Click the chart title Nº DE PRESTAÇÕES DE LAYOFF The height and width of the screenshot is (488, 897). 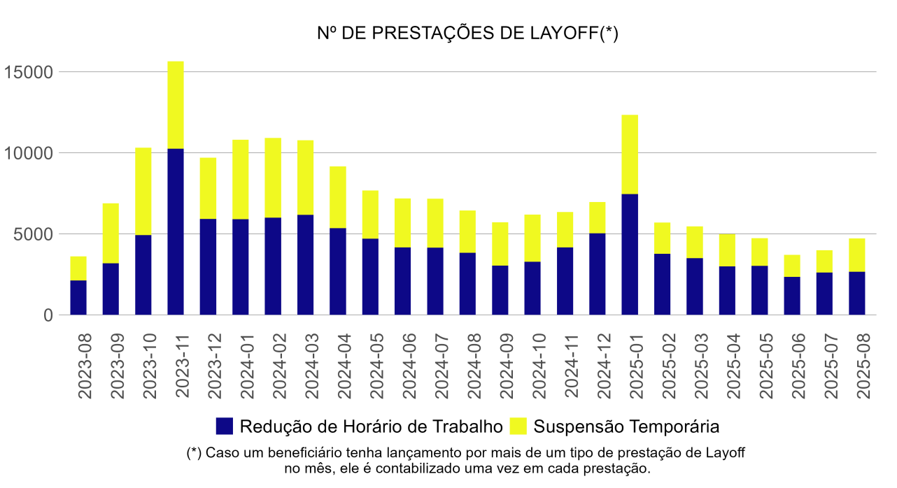[x=467, y=34]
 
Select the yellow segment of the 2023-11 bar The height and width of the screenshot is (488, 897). [x=176, y=105]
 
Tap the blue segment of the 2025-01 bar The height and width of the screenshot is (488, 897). [x=630, y=254]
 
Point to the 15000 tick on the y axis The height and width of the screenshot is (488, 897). [x=29, y=72]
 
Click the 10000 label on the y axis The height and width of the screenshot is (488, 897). [x=29, y=153]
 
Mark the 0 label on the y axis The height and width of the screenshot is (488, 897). [x=48, y=315]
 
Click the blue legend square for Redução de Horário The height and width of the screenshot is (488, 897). [x=225, y=426]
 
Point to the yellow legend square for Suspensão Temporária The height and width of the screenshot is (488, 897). [x=518, y=426]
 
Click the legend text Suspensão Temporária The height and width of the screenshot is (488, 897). [x=626, y=426]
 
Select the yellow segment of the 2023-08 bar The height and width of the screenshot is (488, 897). [x=78, y=268]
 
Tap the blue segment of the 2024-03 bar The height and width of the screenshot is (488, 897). [x=306, y=265]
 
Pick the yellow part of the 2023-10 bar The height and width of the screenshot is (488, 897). [x=143, y=192]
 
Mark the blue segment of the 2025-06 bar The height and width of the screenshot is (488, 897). [x=792, y=296]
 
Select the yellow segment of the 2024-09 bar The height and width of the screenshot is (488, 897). [x=500, y=244]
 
